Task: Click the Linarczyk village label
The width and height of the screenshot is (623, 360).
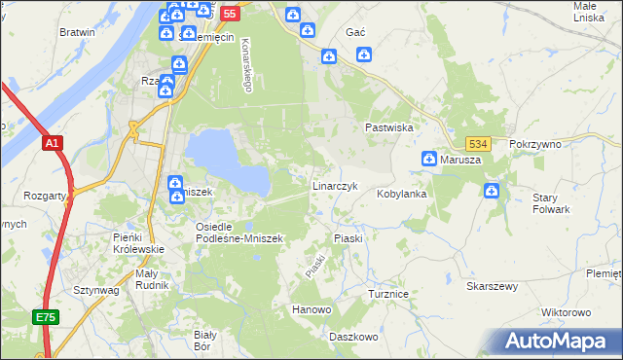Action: pos(336,185)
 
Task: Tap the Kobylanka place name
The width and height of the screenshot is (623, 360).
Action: pos(402,194)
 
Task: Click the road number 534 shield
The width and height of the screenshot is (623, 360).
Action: pos(475,143)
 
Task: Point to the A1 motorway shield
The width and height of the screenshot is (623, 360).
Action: pos(53,143)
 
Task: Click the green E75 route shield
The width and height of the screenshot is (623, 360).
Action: pos(46,317)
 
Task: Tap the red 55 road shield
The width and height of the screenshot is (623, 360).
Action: pos(229,14)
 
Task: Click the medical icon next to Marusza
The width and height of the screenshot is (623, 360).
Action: pos(428,159)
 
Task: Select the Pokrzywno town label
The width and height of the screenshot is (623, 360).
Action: pos(535,143)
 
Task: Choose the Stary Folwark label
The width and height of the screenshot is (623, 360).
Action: pos(551,203)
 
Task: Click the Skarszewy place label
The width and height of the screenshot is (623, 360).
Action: pos(492,287)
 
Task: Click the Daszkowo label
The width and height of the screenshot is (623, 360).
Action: pos(353,337)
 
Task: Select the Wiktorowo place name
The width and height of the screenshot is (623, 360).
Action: pos(566,312)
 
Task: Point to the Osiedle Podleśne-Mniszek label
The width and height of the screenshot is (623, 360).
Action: pos(238,233)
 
